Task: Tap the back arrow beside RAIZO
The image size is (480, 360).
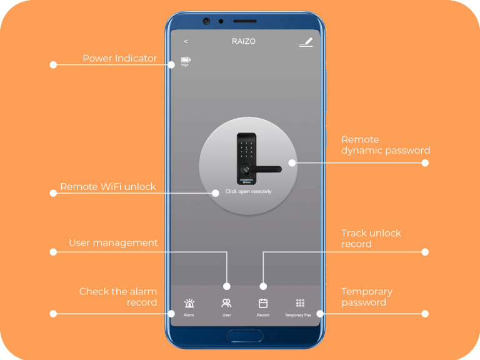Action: [186, 42]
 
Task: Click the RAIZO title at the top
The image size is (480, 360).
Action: [243, 42]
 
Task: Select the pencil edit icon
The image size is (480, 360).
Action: [305, 42]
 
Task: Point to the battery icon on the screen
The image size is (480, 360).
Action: [185, 60]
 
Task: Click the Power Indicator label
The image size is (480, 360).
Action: [119, 58]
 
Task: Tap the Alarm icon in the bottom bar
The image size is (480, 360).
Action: [189, 304]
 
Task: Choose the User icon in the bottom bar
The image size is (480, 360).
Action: [226, 304]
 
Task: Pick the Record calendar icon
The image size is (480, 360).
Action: [263, 304]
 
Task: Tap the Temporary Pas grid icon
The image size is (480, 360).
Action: [300, 303]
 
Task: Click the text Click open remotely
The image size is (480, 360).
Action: [248, 191]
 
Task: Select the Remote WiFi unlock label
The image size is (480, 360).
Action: [108, 187]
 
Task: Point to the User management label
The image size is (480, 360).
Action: [113, 242]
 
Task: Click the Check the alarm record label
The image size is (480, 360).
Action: [118, 297]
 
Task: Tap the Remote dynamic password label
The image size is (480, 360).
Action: [385, 145]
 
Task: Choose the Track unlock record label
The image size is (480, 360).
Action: [371, 238]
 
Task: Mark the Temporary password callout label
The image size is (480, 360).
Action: [367, 297]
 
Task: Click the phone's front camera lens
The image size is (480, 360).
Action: [206, 21]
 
